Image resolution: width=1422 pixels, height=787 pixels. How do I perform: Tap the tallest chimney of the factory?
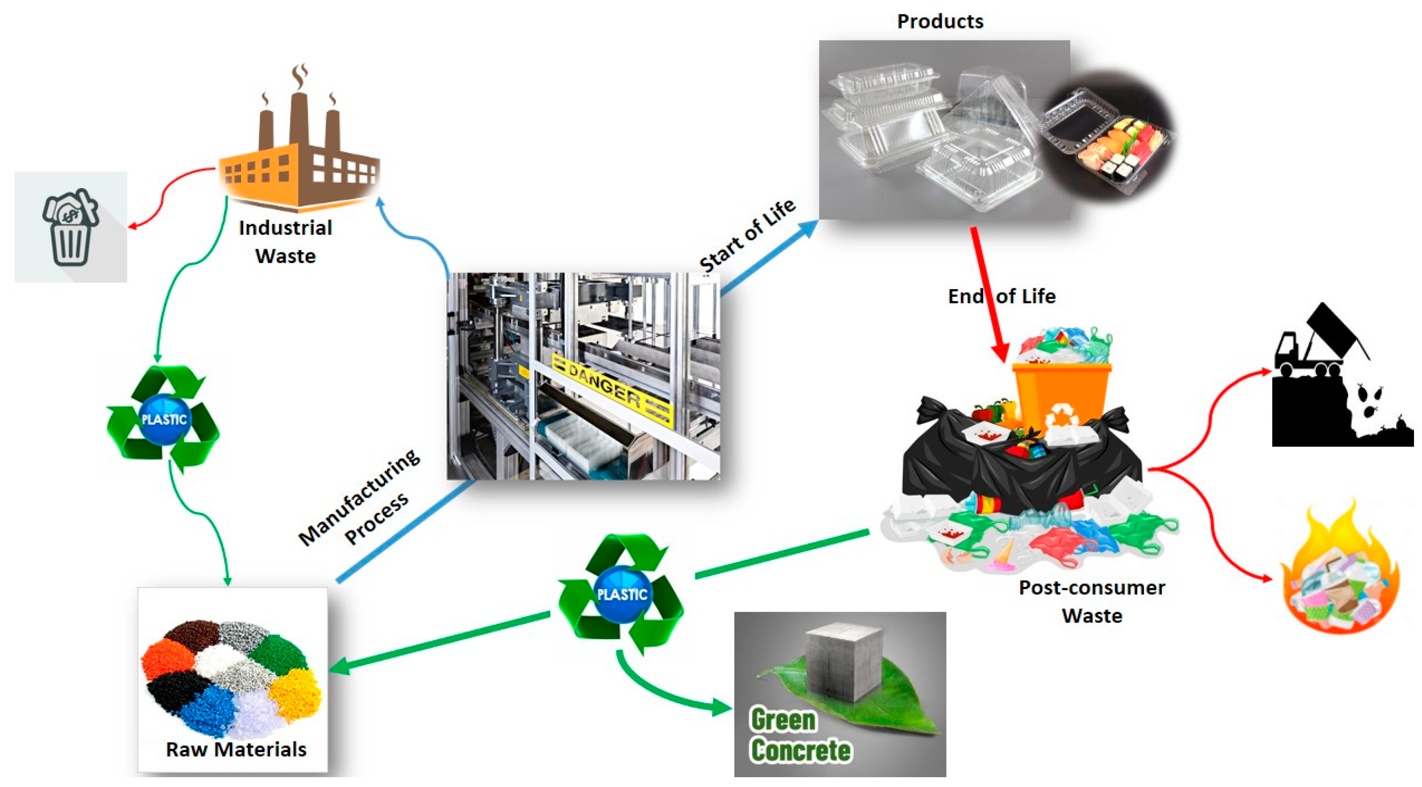click(x=299, y=119)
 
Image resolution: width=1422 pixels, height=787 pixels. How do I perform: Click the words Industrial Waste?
click(x=285, y=242)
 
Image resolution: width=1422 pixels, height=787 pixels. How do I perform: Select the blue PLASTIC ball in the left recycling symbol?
click(x=164, y=419)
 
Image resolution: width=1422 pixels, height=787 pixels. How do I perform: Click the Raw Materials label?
click(x=236, y=750)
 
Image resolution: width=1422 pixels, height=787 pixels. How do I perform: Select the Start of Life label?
click(x=747, y=236)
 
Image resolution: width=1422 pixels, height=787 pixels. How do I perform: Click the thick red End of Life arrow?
click(x=988, y=292)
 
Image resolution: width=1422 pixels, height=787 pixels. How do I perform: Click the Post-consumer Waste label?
click(x=1091, y=602)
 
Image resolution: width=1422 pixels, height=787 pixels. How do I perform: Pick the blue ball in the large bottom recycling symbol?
click(x=622, y=594)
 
